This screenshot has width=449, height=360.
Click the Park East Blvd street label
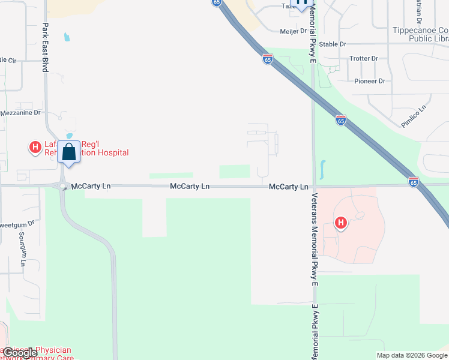click(x=45, y=48)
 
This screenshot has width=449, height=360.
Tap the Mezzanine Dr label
click(x=20, y=112)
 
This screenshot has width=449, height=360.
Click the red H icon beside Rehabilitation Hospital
click(x=35, y=146)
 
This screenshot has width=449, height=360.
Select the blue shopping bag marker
click(x=69, y=152)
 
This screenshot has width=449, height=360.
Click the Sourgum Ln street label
click(x=22, y=250)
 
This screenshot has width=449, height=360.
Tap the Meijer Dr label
click(x=294, y=31)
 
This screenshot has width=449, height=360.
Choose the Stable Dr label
click(x=333, y=44)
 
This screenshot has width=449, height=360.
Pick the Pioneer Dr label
click(x=369, y=81)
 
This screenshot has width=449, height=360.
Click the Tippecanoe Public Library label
click(x=420, y=34)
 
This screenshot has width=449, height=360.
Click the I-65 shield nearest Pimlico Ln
click(x=341, y=120)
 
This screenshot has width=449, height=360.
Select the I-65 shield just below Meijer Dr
click(x=268, y=59)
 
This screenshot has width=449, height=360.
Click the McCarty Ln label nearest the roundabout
click(x=91, y=187)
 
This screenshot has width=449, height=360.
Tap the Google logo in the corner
click(x=20, y=353)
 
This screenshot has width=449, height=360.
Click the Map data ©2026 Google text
click(x=412, y=355)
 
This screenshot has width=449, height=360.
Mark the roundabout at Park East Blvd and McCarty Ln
click(x=63, y=187)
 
